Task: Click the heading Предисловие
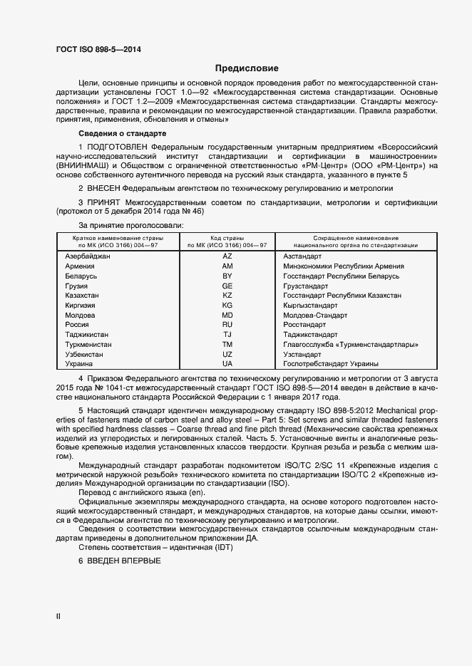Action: tap(247, 69)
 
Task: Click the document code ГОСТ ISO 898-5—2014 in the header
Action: tap(98, 48)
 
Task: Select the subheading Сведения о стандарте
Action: tap(122, 134)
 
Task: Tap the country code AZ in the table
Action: tap(227, 255)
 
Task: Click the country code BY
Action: tap(227, 275)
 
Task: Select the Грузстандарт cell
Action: tap(307, 285)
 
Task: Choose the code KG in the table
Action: tap(227, 305)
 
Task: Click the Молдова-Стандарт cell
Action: tap(315, 315)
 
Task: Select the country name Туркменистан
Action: tap(88, 344)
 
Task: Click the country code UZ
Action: tap(227, 354)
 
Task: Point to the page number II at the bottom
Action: tap(58, 617)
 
